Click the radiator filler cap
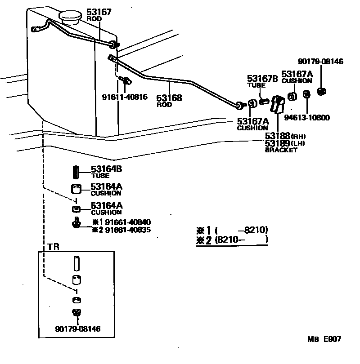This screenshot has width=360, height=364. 70,17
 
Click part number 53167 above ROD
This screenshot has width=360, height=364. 99,12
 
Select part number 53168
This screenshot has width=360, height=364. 169,98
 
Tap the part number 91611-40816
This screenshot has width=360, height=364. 125,97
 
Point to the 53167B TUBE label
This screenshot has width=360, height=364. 262,81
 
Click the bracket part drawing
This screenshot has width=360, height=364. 278,104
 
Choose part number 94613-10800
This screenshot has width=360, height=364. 307,117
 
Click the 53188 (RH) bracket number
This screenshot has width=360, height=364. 285,136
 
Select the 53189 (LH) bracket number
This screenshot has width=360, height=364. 285,143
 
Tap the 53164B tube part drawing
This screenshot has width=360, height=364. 76,172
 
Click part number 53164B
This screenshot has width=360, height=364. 106,169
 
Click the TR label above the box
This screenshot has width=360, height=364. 53,247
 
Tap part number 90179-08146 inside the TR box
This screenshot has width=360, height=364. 78,328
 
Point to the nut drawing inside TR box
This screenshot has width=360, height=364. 76,312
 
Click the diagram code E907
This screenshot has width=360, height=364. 333,339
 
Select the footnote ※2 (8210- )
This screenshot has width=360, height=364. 232,240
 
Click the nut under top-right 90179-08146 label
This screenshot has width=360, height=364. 322,92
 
